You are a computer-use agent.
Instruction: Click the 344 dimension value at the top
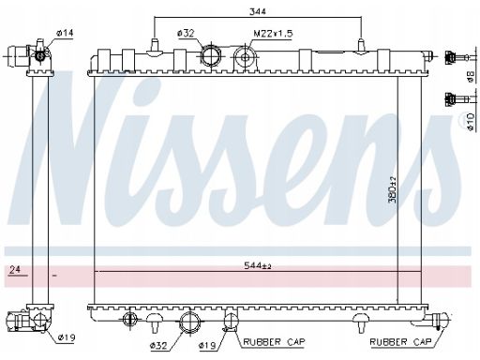257,11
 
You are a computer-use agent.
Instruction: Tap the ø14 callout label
65,33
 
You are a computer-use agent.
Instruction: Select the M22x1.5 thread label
273,34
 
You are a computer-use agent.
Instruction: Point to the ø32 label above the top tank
186,33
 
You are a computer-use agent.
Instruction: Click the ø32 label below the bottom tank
158,345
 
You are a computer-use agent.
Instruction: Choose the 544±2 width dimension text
257,265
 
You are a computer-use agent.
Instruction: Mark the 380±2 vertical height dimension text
392,189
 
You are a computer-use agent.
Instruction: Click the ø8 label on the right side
471,77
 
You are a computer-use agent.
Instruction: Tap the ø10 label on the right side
471,122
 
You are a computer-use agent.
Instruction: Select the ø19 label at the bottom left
67,337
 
